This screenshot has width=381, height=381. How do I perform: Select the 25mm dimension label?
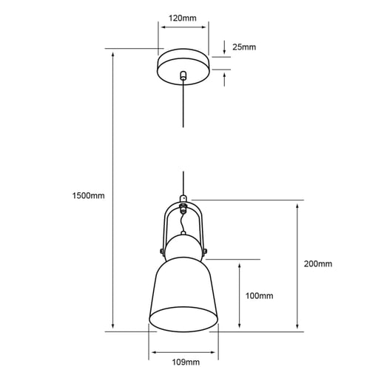pyautogui.click(x=244, y=47)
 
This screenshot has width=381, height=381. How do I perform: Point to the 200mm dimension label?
pyautogui.click(x=318, y=264)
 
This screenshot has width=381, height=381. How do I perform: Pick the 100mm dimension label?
pyautogui.click(x=259, y=296)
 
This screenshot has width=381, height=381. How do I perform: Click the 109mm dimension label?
pyautogui.click(x=185, y=363)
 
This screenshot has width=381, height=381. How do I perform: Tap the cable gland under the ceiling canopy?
pyautogui.click(x=183, y=75)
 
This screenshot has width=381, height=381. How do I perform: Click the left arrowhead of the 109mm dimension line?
pyautogui.click(x=152, y=351)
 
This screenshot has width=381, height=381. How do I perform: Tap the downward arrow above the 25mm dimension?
pyautogui.click(x=225, y=50)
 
